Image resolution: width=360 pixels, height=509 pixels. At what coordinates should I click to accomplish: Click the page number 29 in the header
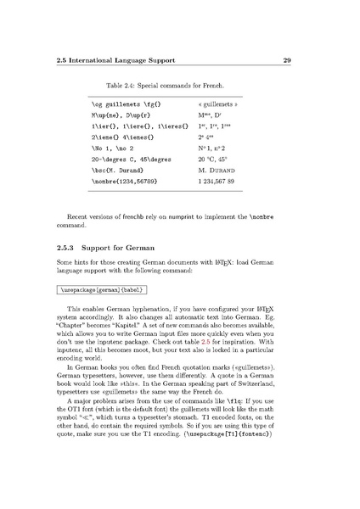tap(287, 60)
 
